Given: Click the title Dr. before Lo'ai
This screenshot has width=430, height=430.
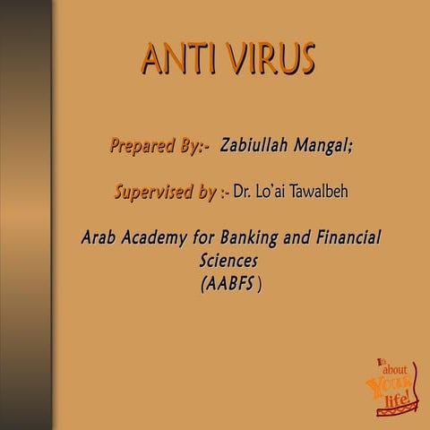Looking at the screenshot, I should click(x=245, y=192).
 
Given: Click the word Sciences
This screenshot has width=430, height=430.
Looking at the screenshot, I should click(x=228, y=262).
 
